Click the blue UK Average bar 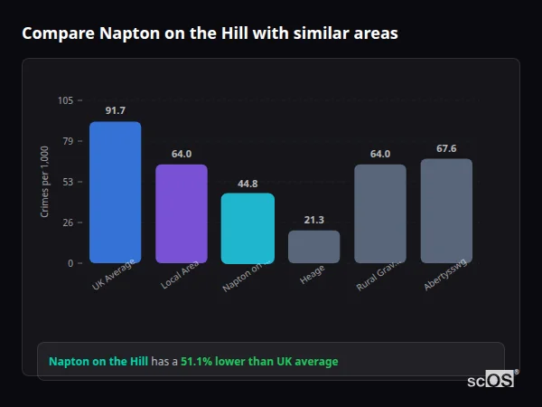[x=115, y=193]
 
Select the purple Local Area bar [x=182, y=214]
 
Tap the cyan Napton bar [x=248, y=228]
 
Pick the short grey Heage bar [x=313, y=247]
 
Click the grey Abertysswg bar [x=446, y=211]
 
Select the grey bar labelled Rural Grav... [x=380, y=214]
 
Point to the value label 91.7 [x=115, y=110]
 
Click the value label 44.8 [x=248, y=183]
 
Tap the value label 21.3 [x=313, y=220]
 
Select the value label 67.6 [x=446, y=148]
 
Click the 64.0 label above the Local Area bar [x=182, y=154]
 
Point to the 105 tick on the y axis [x=66, y=100]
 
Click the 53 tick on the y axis [x=68, y=182]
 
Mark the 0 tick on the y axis [x=70, y=263]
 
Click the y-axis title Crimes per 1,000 [x=44, y=181]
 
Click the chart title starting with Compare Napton [x=210, y=33]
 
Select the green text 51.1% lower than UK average [x=259, y=361]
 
